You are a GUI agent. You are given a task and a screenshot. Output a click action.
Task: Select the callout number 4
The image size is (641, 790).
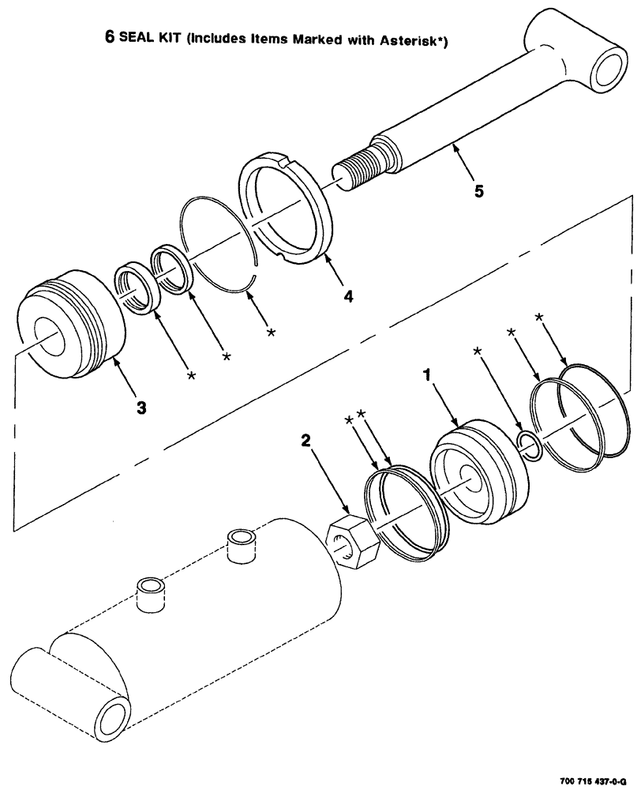click(347, 296)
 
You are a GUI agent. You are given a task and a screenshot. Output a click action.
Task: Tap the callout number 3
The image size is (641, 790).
click(141, 408)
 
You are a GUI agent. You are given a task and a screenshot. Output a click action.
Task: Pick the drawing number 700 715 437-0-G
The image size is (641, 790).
click(594, 779)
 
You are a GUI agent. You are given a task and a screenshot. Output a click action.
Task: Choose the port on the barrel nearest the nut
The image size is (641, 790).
click(242, 546)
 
